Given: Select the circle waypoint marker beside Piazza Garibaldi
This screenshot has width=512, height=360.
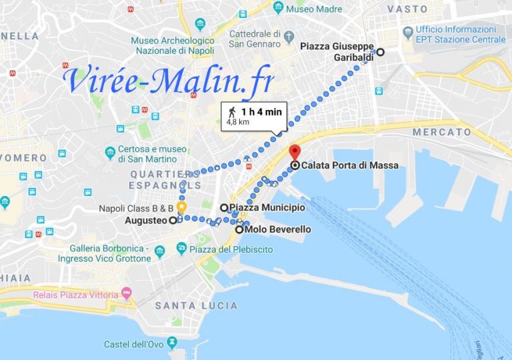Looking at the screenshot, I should [x=381, y=51].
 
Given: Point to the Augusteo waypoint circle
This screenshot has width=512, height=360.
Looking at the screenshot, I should [x=172, y=220].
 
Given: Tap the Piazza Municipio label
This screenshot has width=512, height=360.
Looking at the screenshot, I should [x=267, y=208].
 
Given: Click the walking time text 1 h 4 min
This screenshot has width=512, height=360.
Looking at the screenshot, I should [x=261, y=111].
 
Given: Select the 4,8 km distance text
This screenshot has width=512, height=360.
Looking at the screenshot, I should [x=238, y=122].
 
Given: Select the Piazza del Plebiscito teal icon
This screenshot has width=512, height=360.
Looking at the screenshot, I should [x=182, y=248].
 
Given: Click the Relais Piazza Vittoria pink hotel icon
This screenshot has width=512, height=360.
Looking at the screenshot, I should [x=127, y=293].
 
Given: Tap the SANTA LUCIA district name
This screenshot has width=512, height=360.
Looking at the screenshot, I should [x=196, y=305].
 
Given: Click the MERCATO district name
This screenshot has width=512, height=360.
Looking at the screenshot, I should [x=441, y=132].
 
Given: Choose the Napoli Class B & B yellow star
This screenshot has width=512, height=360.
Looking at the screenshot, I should [x=181, y=207].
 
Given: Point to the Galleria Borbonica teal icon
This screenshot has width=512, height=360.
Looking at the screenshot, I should [x=160, y=252].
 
